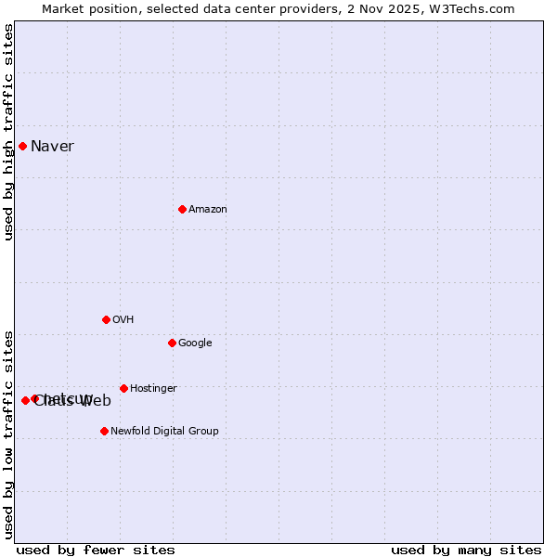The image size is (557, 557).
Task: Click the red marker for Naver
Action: point(22,146)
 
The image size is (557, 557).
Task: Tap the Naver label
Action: point(52,146)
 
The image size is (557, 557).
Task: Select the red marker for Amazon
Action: point(182,209)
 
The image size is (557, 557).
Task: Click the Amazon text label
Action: point(208,209)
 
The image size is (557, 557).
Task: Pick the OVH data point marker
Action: point(106,319)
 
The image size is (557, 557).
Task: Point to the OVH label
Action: point(123,319)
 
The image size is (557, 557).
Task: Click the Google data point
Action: point(172,343)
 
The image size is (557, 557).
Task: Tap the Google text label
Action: point(195,343)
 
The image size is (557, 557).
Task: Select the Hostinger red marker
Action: point(123,388)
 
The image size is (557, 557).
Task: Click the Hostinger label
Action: point(153,388)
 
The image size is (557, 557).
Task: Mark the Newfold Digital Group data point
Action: point(104,431)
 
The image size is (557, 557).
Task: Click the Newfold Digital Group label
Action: point(164,431)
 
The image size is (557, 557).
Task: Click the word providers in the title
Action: point(314,9)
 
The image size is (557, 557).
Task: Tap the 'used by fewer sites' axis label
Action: point(96,551)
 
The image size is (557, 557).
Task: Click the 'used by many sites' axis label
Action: point(466,551)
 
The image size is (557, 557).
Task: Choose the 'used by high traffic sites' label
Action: point(9,132)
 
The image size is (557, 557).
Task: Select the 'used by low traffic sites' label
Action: point(9,434)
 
